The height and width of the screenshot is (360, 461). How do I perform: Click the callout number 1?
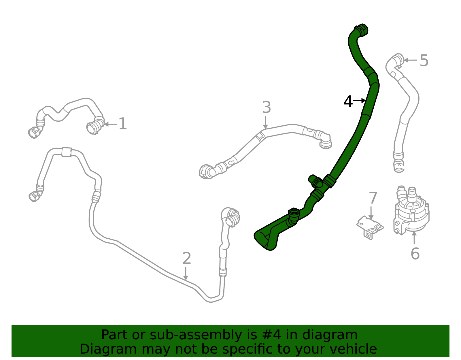point(123,124)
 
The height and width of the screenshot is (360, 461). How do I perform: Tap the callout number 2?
point(187,258)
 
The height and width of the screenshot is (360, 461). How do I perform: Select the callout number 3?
point(267,108)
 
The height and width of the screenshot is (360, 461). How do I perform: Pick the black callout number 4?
point(348,102)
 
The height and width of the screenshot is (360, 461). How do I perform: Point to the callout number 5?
point(424,61)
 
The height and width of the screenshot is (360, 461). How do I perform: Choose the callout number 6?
point(415,254)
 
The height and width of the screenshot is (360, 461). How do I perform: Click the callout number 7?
point(373,198)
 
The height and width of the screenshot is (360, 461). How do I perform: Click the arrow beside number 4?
point(360,101)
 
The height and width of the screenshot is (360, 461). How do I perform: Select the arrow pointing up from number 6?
point(414,238)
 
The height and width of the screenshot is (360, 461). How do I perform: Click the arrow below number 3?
point(265,122)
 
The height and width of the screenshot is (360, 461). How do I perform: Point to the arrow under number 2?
point(186,273)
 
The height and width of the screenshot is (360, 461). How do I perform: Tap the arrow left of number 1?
point(110,124)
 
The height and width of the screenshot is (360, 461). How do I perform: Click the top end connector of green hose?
point(361,30)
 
